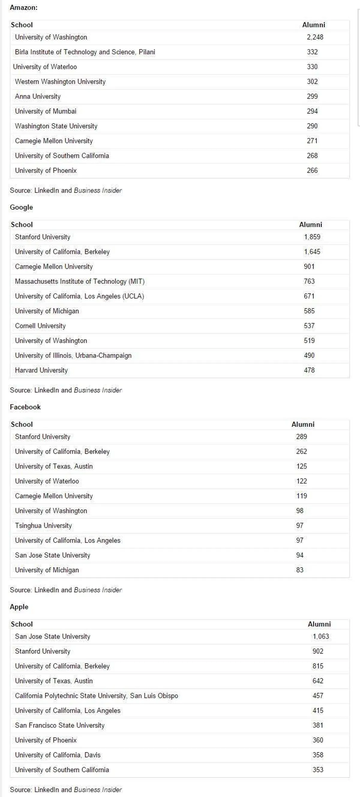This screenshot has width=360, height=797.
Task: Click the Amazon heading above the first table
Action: [23, 7]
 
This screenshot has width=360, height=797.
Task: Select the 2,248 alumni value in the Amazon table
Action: [315, 37]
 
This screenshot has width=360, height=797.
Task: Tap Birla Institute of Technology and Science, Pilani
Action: [85, 52]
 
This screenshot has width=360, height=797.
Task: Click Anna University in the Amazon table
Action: [38, 96]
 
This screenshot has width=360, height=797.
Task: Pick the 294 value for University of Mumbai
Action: [312, 111]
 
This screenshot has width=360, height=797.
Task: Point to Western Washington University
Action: [60, 82]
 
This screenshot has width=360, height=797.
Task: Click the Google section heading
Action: [21, 207]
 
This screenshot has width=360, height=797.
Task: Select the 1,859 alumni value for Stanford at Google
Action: [312, 237]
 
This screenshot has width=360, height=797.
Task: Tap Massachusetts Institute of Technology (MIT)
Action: [79, 281]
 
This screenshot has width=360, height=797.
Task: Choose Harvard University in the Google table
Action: [41, 370]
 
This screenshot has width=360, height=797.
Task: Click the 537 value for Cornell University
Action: [309, 326]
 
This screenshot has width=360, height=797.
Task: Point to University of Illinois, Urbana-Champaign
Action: [73, 355]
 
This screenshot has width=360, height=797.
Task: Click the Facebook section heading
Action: [25, 407]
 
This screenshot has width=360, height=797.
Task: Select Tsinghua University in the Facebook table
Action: [43, 526]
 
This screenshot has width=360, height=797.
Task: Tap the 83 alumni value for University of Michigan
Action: [300, 570]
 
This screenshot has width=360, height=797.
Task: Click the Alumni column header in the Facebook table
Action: [303, 424]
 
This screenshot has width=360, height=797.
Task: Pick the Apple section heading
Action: [19, 607]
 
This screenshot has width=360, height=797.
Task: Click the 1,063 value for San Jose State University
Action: [320, 636]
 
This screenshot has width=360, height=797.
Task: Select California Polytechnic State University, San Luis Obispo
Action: [96, 696]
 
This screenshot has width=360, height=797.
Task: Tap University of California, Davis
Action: [58, 755]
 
